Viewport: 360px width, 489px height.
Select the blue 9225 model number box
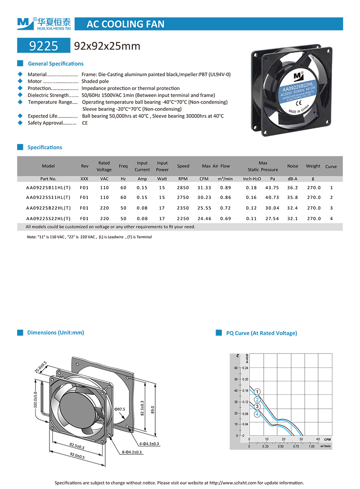point(43,46)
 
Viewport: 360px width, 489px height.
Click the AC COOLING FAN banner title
point(125,24)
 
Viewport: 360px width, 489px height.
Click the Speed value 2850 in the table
point(183,187)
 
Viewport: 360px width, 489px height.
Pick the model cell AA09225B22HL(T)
point(48,208)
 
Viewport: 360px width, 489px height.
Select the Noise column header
point(292,166)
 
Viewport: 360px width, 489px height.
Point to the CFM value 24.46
point(204,218)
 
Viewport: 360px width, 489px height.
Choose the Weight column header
point(313,166)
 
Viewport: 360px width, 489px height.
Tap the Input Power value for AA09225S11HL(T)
point(162,198)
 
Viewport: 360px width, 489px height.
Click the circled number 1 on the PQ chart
point(257,392)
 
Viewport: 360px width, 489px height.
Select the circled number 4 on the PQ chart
point(257,415)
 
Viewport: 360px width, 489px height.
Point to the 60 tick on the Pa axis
point(236,368)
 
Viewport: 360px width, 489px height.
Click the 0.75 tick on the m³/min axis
point(296,447)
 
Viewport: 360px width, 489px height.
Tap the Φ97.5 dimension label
point(120,409)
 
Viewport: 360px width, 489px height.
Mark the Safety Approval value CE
point(85,123)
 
